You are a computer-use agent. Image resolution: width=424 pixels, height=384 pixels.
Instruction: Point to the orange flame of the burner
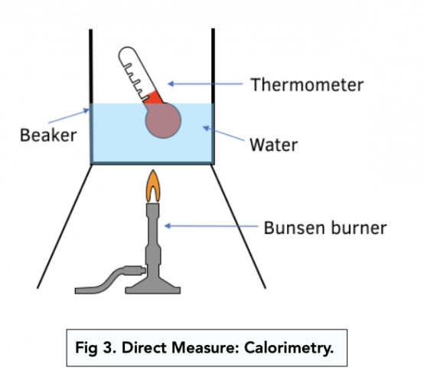(x=153, y=185)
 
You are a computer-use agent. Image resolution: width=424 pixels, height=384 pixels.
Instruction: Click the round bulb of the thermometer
(x=163, y=121)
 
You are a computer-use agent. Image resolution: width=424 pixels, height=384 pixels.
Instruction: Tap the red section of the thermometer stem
(x=154, y=98)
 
